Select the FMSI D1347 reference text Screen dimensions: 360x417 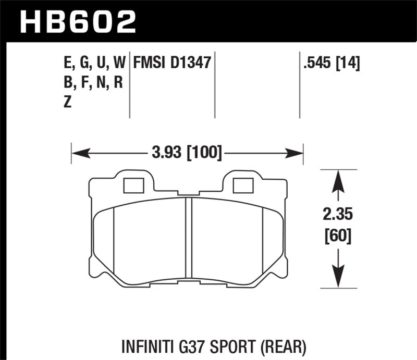pyautogui.click(x=171, y=64)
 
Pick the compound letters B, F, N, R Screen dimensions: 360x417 pyautogui.click(x=92, y=83)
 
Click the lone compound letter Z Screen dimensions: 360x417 pyautogui.click(x=67, y=103)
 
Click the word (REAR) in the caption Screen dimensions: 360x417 pyautogui.click(x=287, y=345)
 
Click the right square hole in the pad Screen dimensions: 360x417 pyautogui.click(x=241, y=185)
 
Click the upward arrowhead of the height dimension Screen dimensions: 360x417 pyautogui.click(x=338, y=179)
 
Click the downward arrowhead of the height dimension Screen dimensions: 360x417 pyautogui.click(x=338, y=276)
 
